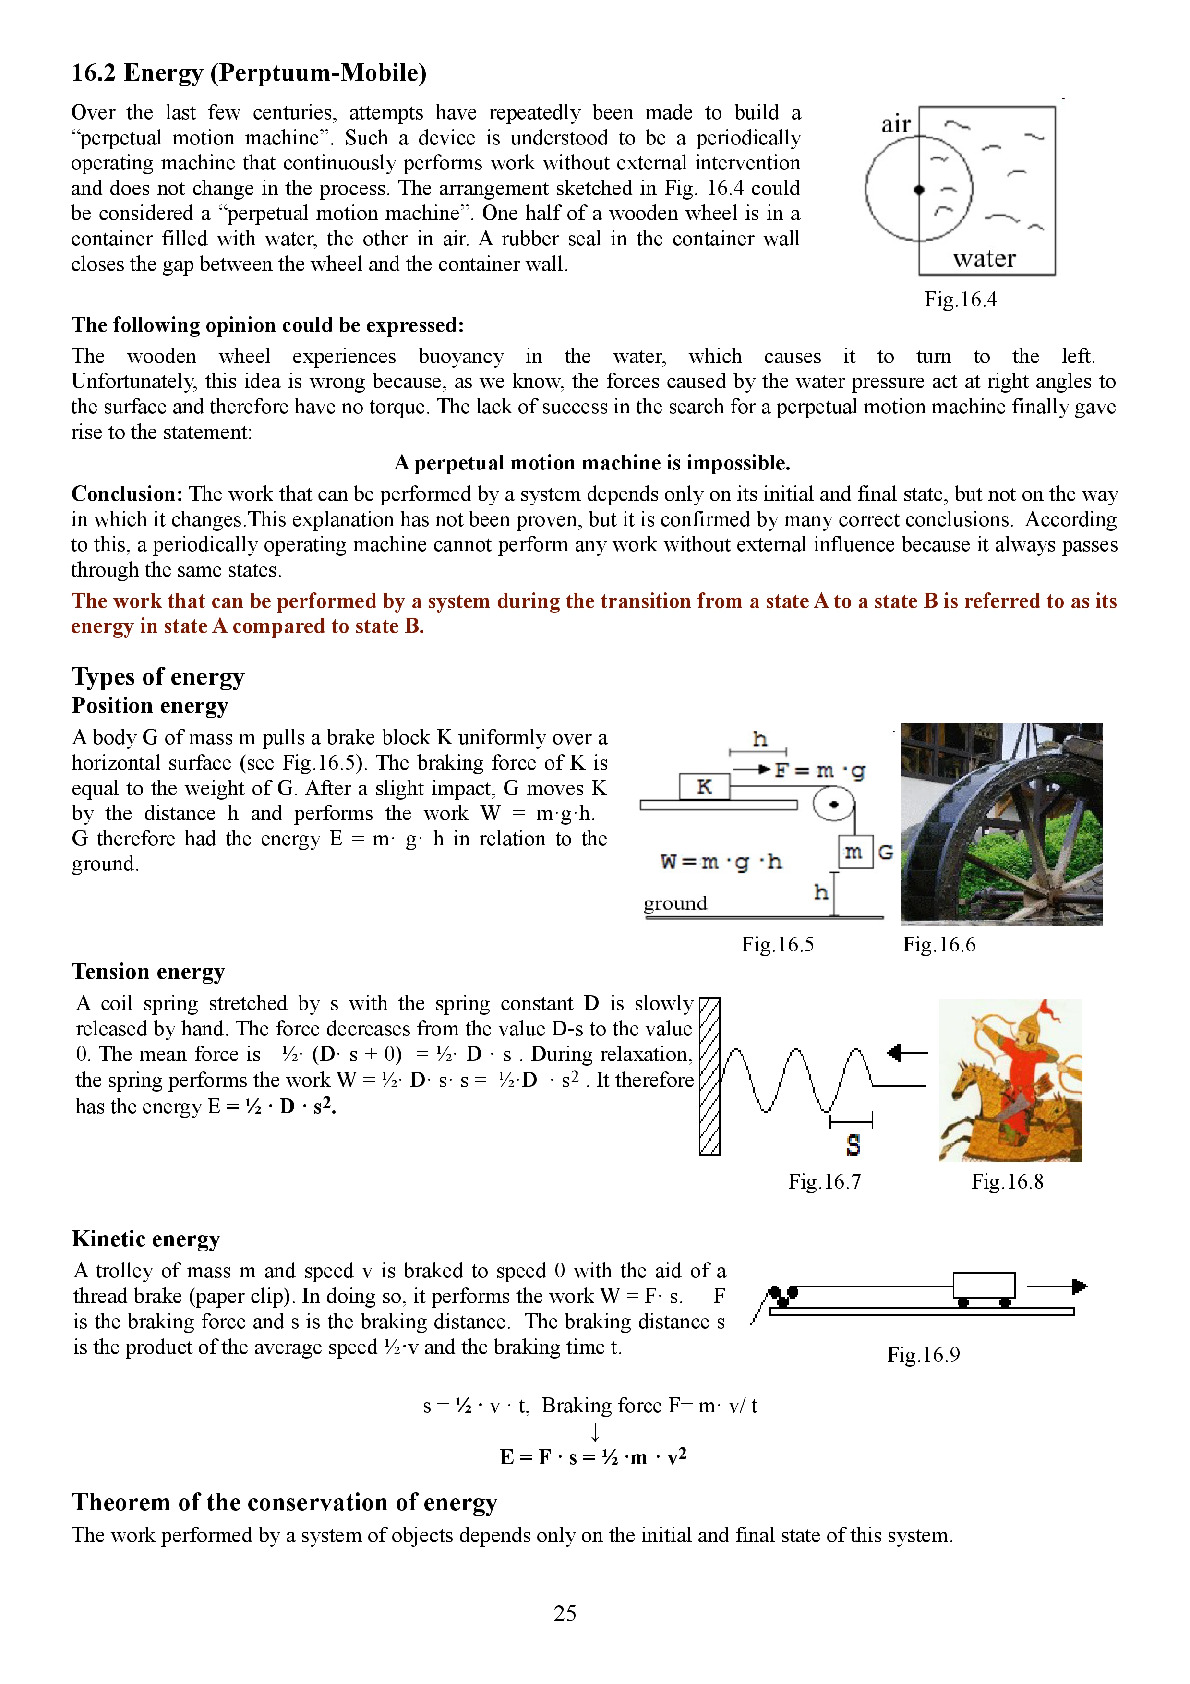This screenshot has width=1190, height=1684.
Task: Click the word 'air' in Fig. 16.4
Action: (895, 125)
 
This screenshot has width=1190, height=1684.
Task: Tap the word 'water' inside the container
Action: (984, 259)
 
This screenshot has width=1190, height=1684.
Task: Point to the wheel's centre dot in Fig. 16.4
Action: (919, 190)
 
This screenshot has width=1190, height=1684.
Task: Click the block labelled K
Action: (704, 786)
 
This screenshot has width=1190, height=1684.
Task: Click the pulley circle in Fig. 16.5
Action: (834, 805)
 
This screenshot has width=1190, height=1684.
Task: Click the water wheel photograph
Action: (1001, 824)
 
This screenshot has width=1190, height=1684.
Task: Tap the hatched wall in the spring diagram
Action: (709, 1076)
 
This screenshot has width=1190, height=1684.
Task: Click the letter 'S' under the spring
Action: (853, 1145)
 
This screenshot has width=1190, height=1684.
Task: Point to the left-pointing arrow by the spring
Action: (907, 1053)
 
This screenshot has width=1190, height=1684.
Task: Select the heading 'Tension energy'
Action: (148, 972)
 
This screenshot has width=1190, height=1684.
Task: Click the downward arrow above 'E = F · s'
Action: (595, 1431)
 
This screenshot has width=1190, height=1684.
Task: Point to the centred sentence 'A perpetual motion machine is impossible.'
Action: (592, 463)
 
